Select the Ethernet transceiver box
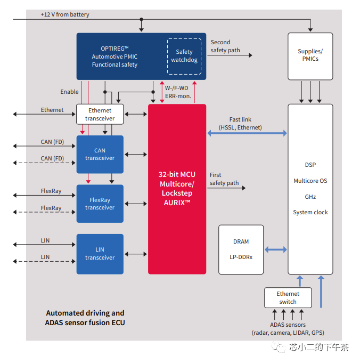pyautogui.click(x=100, y=114)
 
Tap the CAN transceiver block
pyautogui.click(x=100, y=154)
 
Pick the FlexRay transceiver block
pyautogui.click(x=100, y=204)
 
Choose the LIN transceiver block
pyautogui.click(x=100, y=254)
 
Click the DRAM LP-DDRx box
pyautogui.click(x=241, y=249)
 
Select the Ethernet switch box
pyautogui.click(x=288, y=297)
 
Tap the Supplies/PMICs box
pyautogui.click(x=310, y=55)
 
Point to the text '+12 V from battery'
pyautogui.click(x=65, y=14)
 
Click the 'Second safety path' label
pyautogui.click(x=225, y=46)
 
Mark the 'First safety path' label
pyautogui.click(x=224, y=179)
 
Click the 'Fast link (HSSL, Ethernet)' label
pyautogui.click(x=240, y=124)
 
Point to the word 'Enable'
pyautogui.click(x=69, y=92)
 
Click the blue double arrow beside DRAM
pyautogui.click(x=275, y=249)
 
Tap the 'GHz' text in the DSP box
pyautogui.click(x=310, y=197)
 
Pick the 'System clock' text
pyautogui.click(x=310, y=212)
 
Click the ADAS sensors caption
pyautogui.click(x=288, y=328)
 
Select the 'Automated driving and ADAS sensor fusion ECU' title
pyautogui.click(x=85, y=318)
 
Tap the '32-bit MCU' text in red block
pyautogui.click(x=177, y=175)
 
